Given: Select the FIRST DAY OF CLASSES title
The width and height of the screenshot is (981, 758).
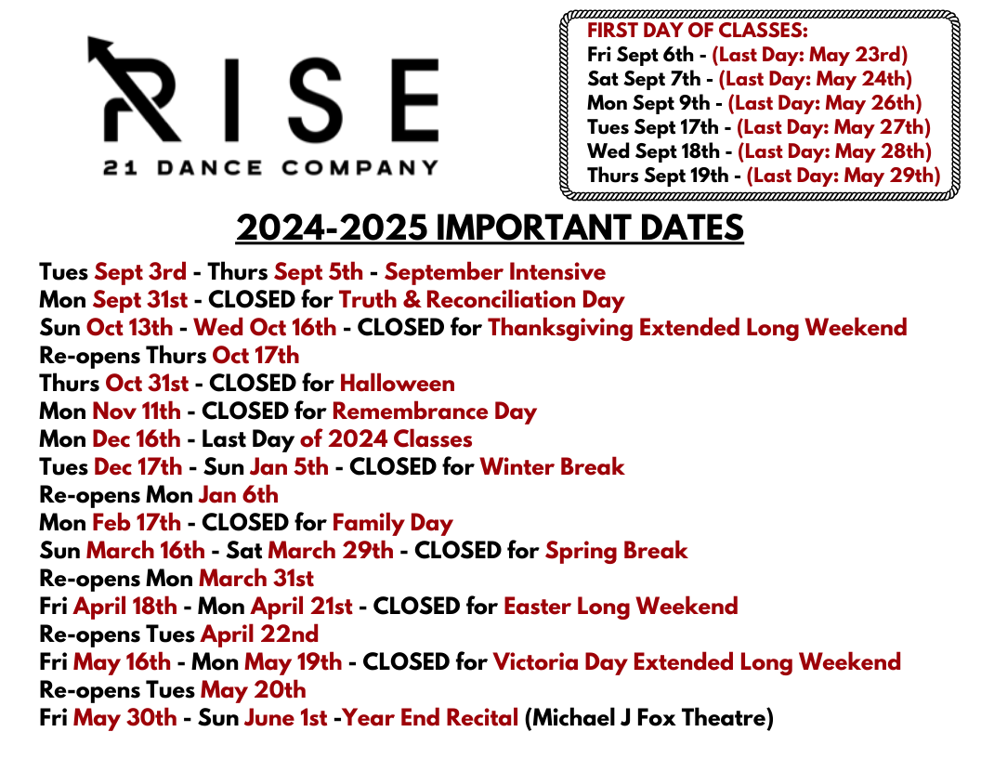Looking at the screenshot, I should [x=697, y=31].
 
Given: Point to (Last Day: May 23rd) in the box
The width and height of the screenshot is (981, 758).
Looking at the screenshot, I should [x=809, y=55].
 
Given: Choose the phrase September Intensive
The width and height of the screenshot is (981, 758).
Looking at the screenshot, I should [x=494, y=272].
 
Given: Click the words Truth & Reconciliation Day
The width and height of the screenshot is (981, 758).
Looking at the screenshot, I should [x=481, y=300].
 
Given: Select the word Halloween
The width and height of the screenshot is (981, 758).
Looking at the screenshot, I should [x=397, y=384].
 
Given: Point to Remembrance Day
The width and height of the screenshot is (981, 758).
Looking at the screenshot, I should [x=434, y=412].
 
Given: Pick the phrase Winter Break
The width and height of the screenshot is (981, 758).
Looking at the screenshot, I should [x=552, y=467].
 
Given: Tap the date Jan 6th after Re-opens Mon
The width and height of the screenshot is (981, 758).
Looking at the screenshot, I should [x=238, y=495].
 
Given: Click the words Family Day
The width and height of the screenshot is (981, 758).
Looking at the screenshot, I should [x=392, y=523].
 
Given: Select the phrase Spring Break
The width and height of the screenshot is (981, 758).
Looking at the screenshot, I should [x=616, y=551].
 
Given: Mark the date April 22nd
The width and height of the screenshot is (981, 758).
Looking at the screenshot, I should [x=259, y=634].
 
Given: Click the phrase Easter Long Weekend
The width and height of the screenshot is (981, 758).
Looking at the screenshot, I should [x=621, y=607].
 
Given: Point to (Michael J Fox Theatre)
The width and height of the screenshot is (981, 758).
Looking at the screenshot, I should [x=648, y=718].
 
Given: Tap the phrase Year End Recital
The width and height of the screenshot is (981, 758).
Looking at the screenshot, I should [x=430, y=718].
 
